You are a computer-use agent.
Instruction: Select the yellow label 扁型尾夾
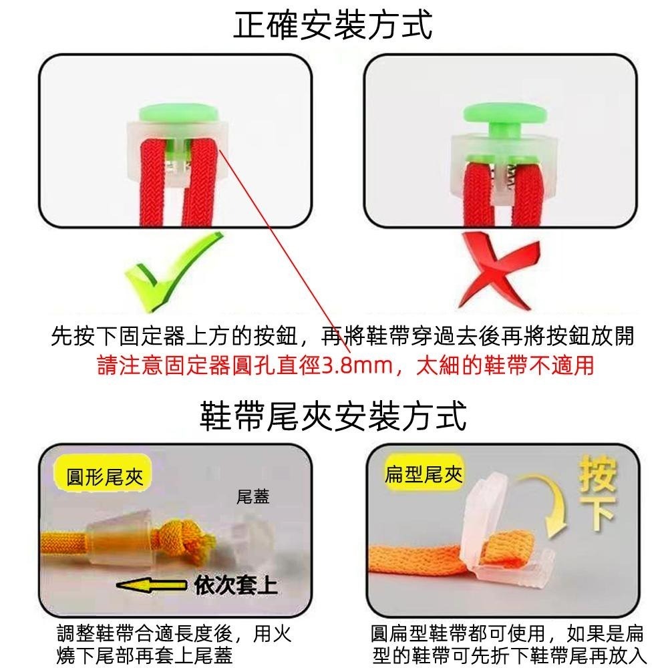tap(423, 474)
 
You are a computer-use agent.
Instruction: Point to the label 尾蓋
tap(253, 497)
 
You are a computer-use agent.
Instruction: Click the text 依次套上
tap(234, 586)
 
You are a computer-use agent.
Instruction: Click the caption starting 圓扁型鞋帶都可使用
tap(508, 644)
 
